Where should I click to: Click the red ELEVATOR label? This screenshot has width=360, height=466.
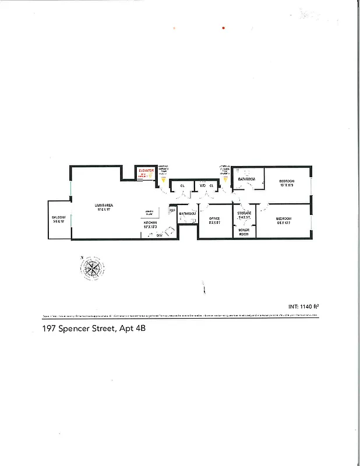145,171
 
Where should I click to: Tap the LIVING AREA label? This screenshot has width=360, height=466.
105,205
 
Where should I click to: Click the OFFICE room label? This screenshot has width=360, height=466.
214,219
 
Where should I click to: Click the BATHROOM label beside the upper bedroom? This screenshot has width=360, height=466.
248,179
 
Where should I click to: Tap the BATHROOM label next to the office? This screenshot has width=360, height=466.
188,214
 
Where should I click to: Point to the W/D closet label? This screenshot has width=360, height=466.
203,186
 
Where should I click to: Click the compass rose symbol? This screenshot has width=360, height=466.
92,269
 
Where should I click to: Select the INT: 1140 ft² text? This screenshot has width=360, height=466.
304,306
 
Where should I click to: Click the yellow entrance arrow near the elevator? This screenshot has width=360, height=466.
163,179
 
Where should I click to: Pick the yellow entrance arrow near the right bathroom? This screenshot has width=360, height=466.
226,179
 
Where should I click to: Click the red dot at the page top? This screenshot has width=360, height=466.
223,27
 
